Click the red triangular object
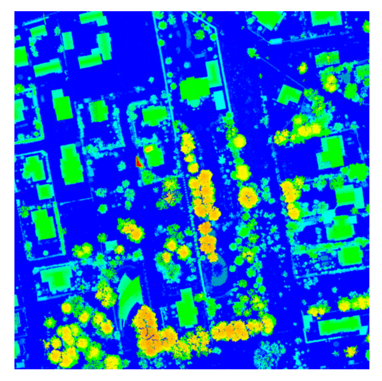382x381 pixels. coord(139,162)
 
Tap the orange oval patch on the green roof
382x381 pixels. coord(148,149)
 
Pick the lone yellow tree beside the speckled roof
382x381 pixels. coord(302,68)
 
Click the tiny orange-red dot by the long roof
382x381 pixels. coord(319,318)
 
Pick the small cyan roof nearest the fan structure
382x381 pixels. coord(111,245)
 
